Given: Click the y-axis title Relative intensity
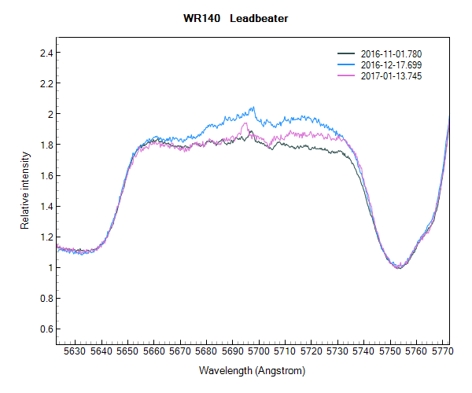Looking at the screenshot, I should [24, 190].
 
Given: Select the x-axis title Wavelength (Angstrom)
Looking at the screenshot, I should [252, 370].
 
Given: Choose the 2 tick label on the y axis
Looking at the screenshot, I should [46, 114].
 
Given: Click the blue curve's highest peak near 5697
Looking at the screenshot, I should [253, 107].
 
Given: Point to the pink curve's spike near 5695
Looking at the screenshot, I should [245, 123].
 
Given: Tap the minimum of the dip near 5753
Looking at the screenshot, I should [399, 268].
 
